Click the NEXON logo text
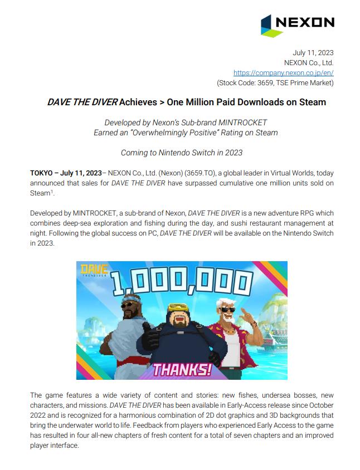point(305,22)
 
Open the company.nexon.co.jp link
point(283,73)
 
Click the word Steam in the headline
point(313,102)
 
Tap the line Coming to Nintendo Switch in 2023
point(182,152)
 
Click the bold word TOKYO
point(42,173)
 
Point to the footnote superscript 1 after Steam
point(52,192)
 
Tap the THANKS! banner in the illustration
point(182,369)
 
